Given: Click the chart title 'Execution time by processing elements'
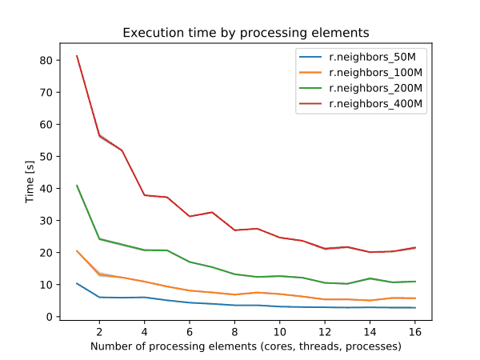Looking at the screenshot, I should pyautogui.click(x=246, y=34).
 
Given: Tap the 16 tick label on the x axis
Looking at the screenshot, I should pyautogui.click(x=414, y=332).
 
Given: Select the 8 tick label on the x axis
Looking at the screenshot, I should pyautogui.click(x=234, y=332).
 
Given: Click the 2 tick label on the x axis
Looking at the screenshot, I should pyautogui.click(x=99, y=332).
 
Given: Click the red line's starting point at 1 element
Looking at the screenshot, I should pyautogui.click(x=77, y=56).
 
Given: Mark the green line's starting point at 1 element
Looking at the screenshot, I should pyautogui.click(x=77, y=186).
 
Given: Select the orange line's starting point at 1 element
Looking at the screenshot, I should pyautogui.click(x=77, y=251).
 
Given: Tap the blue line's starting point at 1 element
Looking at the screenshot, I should pyautogui.click(x=77, y=283).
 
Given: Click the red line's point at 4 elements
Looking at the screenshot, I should pyautogui.click(x=144, y=195).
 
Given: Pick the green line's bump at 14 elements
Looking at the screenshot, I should pyautogui.click(x=369, y=278).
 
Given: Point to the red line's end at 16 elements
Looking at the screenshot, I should pyautogui.click(x=414, y=248).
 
